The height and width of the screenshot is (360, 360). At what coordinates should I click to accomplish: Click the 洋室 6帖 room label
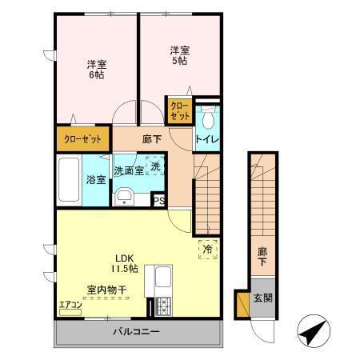[x=96, y=69]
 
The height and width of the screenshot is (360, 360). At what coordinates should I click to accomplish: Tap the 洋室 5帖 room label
[x=178, y=55]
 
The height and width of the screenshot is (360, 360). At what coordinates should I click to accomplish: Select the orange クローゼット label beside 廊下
[x=83, y=138]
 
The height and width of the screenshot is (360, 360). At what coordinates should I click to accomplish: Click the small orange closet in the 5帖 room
[x=179, y=111]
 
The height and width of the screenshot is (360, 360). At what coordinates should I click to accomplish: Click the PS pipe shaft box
[x=158, y=201]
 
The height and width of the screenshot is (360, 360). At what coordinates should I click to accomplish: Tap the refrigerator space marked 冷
[x=206, y=249]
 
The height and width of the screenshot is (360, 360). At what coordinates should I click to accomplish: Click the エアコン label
[x=70, y=305]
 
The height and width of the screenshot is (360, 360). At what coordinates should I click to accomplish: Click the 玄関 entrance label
[x=263, y=298]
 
